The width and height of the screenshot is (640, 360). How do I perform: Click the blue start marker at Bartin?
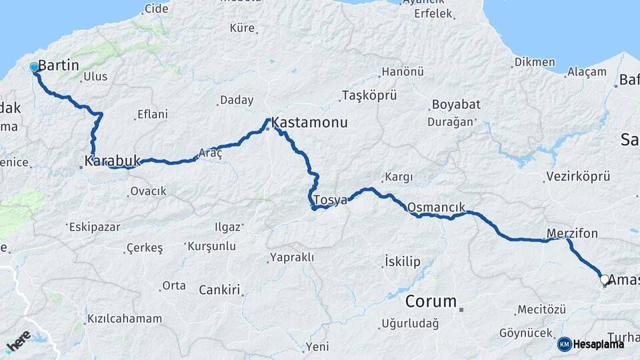pos(34,67)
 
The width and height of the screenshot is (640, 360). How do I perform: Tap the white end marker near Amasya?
pos(604,280)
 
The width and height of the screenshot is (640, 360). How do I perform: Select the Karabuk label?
pos(113,161)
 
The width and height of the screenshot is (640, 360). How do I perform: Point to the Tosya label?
pos(330,201)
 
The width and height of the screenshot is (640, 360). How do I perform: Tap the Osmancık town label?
pos(436,207)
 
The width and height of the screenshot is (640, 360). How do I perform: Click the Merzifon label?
pos(572,233)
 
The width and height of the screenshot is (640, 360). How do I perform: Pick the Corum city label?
pos(431,301)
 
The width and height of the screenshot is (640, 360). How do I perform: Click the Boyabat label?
pos(456,105)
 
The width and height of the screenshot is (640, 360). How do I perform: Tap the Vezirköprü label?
pos(578,176)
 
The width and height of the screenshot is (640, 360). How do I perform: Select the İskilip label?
pos(403,261)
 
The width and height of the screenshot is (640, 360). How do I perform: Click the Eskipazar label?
pos(95,227)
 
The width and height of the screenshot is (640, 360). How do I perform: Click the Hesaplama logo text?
pos(599,344)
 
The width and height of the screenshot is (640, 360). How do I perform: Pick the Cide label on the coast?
pos(157,9)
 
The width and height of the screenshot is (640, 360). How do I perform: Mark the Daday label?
pos(237,100)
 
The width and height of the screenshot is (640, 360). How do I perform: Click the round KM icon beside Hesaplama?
pos(565,344)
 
